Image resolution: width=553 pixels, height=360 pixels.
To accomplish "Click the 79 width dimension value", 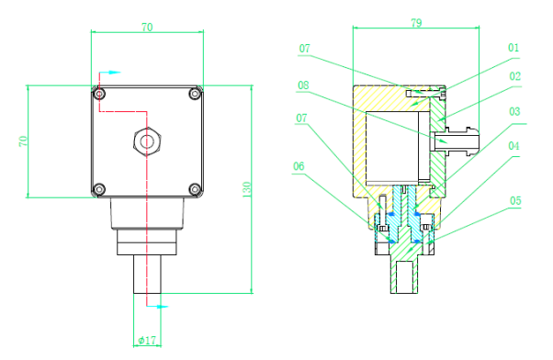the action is pyautogui.click(x=416, y=23).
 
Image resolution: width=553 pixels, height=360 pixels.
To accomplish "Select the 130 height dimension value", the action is pyautogui.click(x=246, y=189).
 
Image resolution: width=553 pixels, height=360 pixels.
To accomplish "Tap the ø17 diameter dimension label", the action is pyautogui.click(x=147, y=340).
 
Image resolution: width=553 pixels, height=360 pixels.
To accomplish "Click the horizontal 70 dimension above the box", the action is pyautogui.click(x=147, y=28).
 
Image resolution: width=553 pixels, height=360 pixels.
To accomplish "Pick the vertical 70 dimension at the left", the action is pyautogui.click(x=23, y=141).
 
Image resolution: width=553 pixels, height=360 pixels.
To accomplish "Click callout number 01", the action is pyautogui.click(x=513, y=48).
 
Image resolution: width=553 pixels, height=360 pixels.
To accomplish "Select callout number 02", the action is pyautogui.click(x=515, y=76).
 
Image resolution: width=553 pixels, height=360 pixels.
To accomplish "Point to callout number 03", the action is pyautogui.click(x=514, y=111).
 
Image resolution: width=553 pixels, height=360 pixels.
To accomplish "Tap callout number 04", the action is pyautogui.click(x=513, y=146).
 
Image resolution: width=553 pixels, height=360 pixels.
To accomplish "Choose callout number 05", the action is pyautogui.click(x=515, y=200).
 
